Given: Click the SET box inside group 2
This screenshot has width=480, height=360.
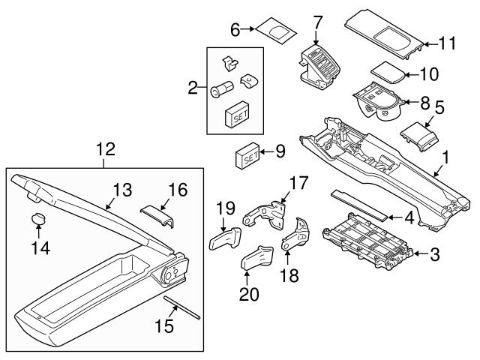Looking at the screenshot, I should click(x=237, y=115).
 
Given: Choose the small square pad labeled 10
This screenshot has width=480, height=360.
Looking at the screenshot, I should click(x=388, y=73).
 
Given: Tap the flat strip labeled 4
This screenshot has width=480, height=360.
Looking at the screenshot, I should click(x=360, y=203).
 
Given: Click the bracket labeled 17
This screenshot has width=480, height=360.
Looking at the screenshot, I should click(x=269, y=214).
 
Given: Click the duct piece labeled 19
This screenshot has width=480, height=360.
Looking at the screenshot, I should click(x=223, y=240).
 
